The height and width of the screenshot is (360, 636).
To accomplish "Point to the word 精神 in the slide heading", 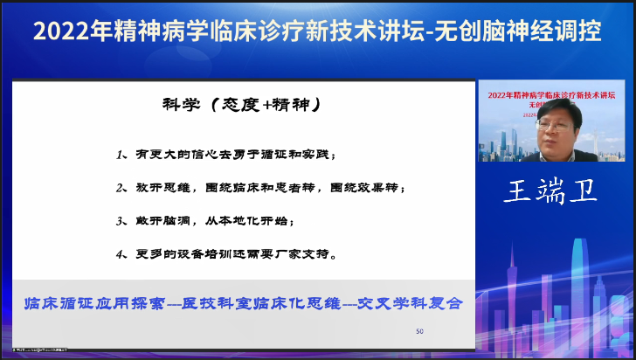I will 280,105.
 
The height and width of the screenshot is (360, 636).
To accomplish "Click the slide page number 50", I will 419,331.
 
